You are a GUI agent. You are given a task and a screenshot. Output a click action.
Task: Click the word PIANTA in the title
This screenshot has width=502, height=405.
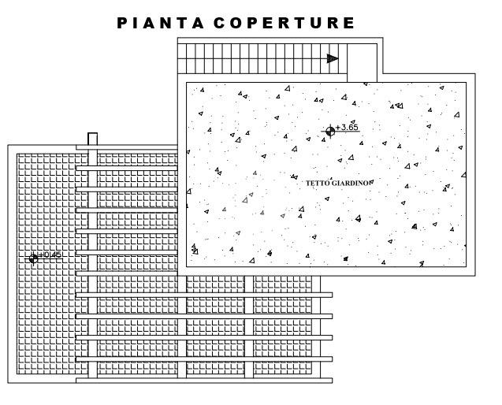161,23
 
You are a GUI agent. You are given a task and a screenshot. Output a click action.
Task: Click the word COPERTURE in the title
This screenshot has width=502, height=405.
284,23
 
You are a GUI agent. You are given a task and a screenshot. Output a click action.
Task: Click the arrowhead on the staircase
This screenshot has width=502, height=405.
333,58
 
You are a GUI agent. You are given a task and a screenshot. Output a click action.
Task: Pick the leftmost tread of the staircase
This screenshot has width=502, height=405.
182,58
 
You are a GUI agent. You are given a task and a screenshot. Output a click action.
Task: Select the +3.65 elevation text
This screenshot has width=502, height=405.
347,127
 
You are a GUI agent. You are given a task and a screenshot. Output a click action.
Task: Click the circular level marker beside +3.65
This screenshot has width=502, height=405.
330,131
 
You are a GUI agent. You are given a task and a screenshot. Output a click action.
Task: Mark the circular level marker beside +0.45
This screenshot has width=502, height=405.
33,258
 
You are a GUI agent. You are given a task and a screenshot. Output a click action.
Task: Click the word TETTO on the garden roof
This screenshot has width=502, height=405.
318,183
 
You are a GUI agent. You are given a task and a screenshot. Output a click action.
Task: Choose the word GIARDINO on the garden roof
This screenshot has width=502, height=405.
350,183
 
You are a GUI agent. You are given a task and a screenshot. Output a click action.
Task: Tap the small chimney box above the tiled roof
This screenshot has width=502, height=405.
92,139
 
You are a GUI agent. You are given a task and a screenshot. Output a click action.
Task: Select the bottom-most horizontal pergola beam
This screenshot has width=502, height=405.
204,381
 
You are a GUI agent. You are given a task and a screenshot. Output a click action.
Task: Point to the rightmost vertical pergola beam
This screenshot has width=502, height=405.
249,327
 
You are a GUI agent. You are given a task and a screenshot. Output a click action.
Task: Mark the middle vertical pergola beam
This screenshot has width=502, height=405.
182,327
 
